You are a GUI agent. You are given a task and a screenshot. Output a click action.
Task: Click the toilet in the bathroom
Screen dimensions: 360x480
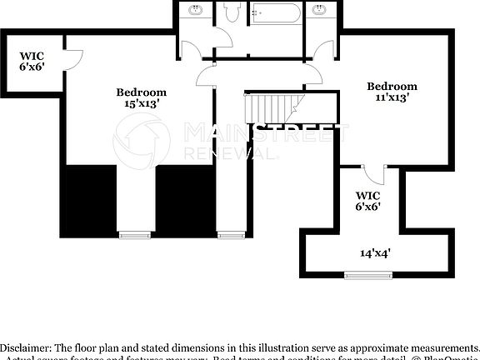click(x=231, y=12)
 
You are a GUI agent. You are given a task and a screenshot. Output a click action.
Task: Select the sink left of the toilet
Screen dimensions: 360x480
click(x=196, y=10)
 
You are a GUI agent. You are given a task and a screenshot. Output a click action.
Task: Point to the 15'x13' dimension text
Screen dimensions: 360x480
click(x=141, y=104)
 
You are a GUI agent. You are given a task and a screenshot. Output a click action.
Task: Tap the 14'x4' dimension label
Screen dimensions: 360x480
click(x=376, y=252)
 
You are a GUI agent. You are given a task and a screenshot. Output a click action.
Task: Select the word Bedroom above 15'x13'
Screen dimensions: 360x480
click(x=141, y=92)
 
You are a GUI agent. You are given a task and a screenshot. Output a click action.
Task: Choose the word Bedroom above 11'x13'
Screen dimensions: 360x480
click(x=392, y=87)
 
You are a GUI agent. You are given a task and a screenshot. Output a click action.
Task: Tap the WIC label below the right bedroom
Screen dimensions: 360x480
click(x=368, y=197)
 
